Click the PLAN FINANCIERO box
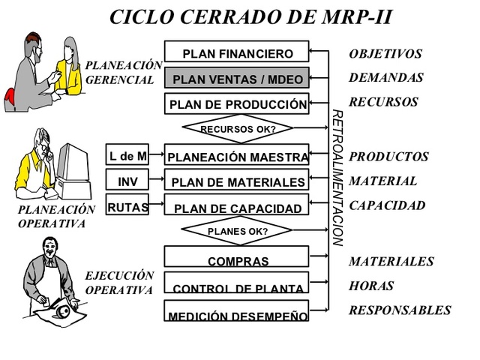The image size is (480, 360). [x=236, y=52]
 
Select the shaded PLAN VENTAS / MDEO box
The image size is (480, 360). [x=236, y=78]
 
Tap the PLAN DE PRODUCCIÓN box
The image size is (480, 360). [x=236, y=103]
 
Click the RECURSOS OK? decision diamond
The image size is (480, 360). [x=237, y=129]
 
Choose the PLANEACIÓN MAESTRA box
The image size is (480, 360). [x=236, y=156]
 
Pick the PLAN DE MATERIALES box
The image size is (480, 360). [x=236, y=181]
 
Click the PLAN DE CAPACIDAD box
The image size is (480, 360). [x=236, y=207]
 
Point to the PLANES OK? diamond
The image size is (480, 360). [x=237, y=231]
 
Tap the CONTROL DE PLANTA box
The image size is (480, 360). [x=236, y=285]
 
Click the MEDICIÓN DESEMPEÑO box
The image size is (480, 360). [x=236, y=312]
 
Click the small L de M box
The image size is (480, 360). [x=127, y=156]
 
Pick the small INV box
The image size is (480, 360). [x=127, y=181]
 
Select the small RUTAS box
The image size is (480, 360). [x=127, y=206]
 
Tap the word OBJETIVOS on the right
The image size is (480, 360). [x=385, y=54]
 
